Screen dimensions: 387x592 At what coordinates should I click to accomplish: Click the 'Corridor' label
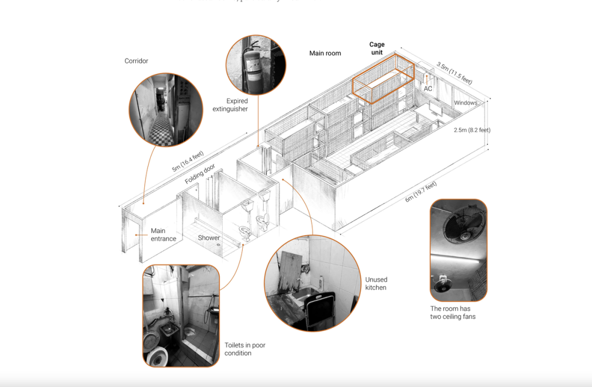click(x=136, y=61)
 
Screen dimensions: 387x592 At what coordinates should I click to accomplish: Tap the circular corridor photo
click(x=166, y=109)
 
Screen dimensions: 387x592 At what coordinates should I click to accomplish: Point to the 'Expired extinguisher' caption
click(x=230, y=105)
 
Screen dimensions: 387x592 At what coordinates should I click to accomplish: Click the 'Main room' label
click(x=325, y=53)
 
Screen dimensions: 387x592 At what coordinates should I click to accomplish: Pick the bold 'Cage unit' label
click(x=377, y=48)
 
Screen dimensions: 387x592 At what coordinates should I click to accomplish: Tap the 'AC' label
click(x=428, y=89)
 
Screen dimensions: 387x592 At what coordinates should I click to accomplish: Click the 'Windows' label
click(x=465, y=103)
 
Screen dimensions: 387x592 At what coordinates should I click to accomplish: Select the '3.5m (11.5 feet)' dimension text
click(x=454, y=73)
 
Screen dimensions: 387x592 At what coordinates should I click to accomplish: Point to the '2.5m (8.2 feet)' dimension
click(x=472, y=130)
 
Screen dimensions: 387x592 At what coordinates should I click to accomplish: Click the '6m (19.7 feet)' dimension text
click(x=421, y=192)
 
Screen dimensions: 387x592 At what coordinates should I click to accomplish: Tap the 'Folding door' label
click(x=200, y=174)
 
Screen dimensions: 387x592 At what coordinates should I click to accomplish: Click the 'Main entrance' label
click(x=163, y=235)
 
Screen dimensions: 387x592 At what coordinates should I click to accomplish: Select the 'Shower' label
click(x=209, y=238)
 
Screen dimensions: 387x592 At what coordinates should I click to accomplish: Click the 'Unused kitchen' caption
click(x=376, y=284)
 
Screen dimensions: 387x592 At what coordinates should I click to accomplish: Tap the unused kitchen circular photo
click(x=305, y=283)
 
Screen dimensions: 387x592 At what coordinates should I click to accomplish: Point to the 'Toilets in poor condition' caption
click(x=244, y=349)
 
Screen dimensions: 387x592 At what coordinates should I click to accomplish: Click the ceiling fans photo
click(x=458, y=250)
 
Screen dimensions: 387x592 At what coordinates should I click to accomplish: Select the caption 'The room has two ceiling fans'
click(x=453, y=313)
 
